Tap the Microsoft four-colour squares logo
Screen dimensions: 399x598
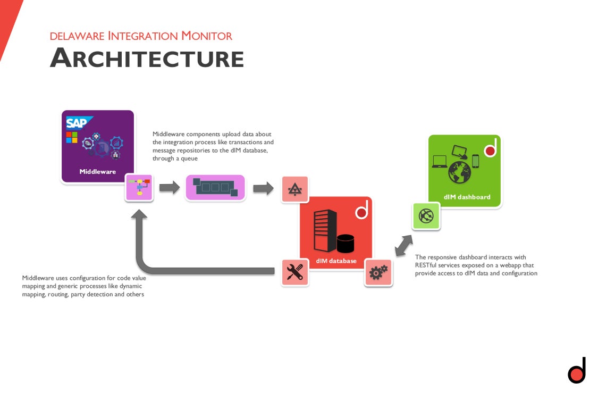72,137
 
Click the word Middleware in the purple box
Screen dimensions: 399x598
97,172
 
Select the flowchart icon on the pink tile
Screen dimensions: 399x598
139,187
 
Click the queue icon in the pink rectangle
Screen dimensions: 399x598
215,187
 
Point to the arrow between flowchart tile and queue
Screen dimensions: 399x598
170,187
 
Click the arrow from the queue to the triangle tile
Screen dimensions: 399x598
263,188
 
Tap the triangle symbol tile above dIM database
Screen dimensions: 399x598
294,188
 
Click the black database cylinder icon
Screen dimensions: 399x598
345,244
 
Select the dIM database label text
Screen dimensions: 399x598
336,261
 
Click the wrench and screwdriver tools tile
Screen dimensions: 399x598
294,272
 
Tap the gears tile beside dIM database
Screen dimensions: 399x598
378,273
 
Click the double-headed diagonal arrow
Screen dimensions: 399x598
403,245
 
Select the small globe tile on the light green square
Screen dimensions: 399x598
426,216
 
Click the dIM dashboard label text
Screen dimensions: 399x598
467,197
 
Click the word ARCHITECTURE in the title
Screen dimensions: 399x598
147,57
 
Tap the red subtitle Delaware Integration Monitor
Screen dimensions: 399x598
141,36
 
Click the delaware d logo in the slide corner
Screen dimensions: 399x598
577,371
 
